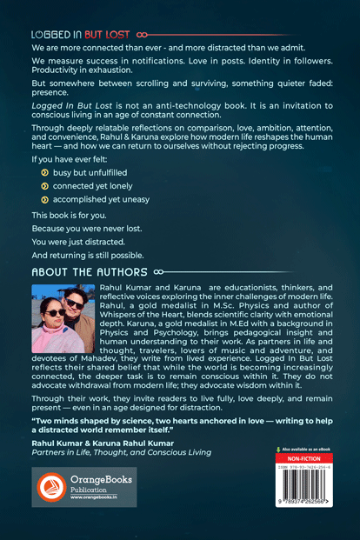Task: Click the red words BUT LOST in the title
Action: (x=98, y=34)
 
